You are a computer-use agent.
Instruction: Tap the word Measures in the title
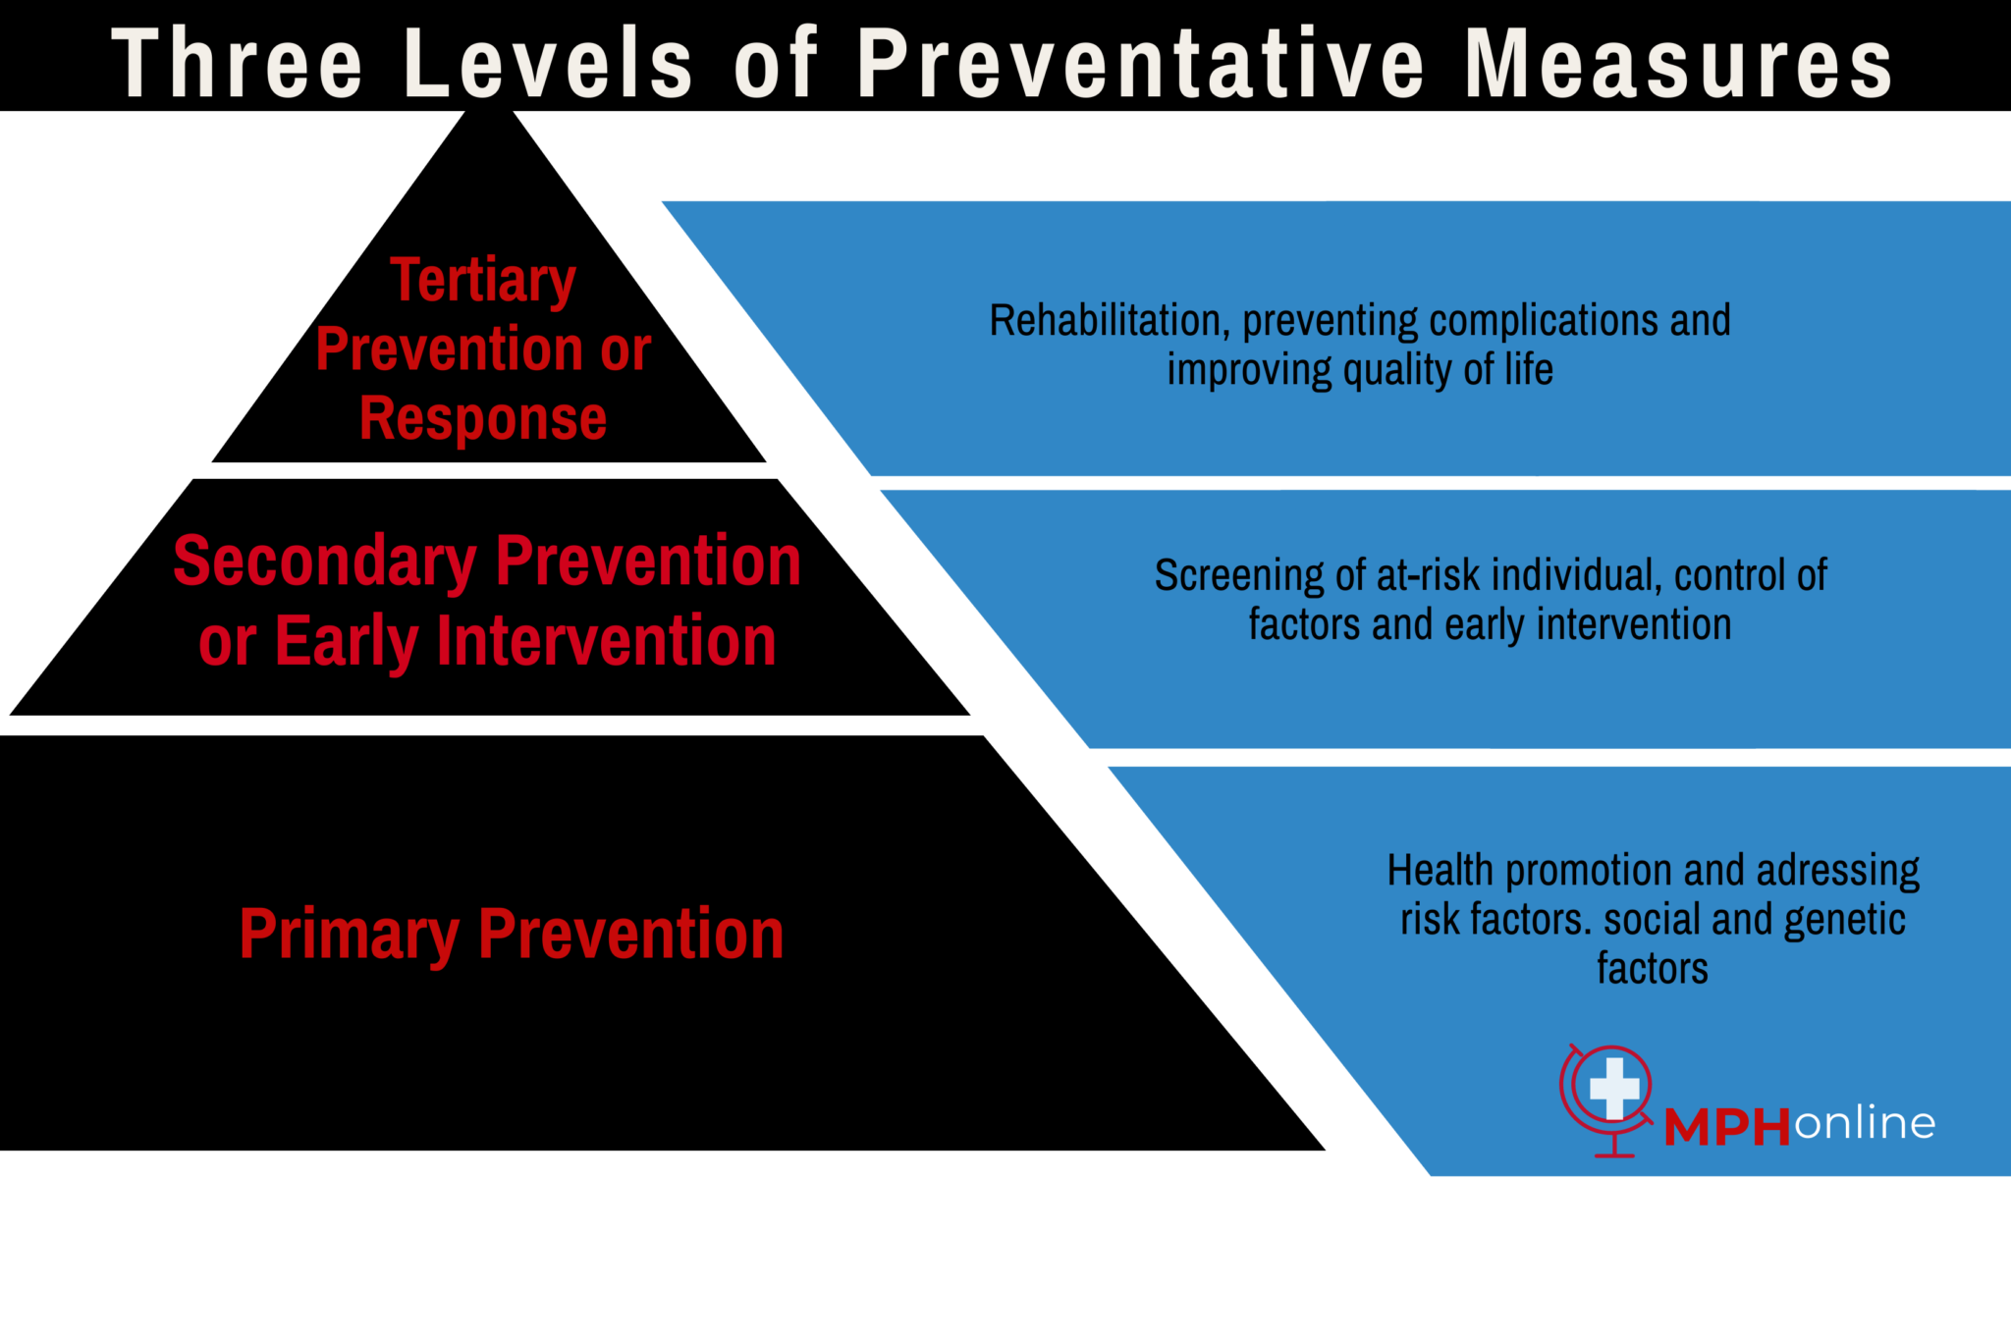tap(1679, 64)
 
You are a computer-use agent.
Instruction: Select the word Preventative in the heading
tap(1140, 64)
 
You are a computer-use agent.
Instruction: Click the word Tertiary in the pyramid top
tap(483, 281)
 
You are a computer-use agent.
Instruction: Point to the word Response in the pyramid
tap(483, 419)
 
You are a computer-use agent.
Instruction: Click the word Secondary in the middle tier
tap(324, 563)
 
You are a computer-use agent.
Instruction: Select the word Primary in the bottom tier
tap(349, 935)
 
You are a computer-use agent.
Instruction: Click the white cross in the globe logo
tap(1614, 1088)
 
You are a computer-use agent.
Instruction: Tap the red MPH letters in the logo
tap(1727, 1127)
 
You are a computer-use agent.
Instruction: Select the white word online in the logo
tap(1865, 1123)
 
